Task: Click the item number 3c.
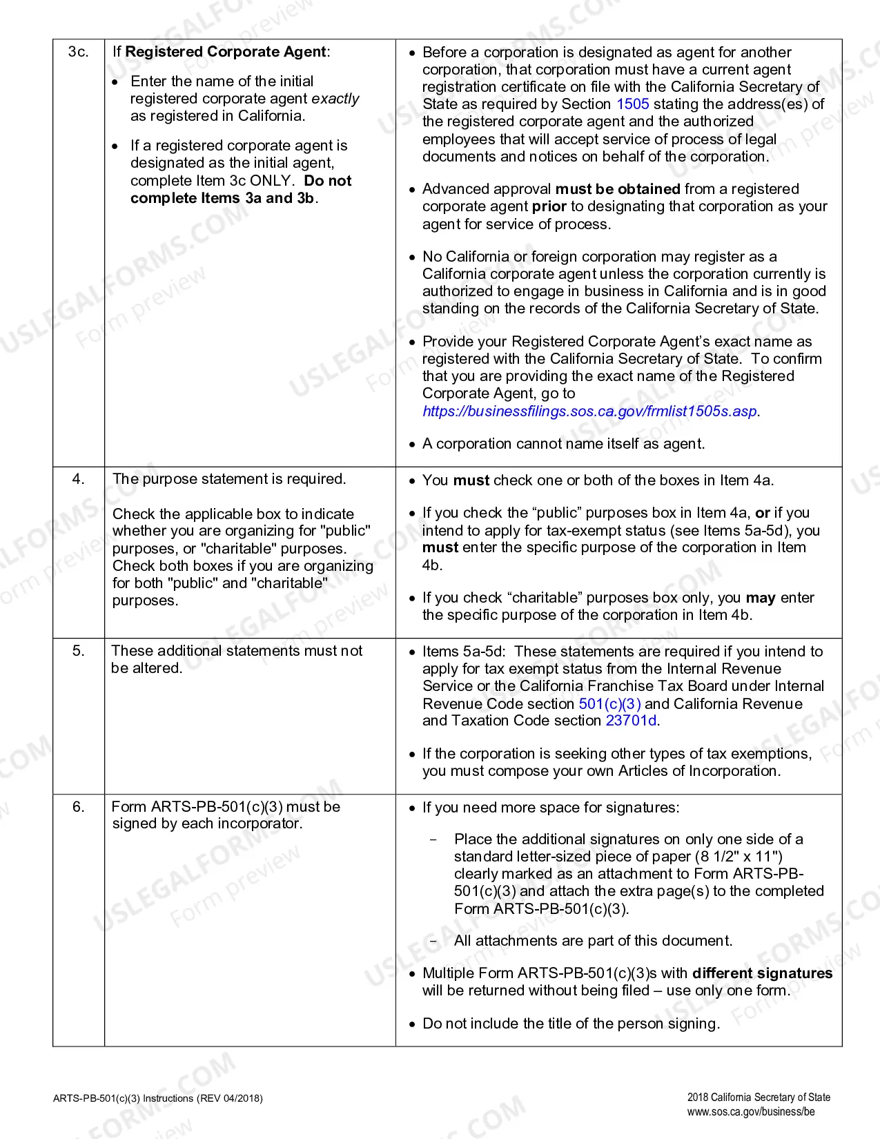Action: [78, 52]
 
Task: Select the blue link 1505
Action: [632, 104]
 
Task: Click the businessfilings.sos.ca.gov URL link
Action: [590, 411]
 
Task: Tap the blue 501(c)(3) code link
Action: [609, 703]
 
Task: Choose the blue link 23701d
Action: [631, 721]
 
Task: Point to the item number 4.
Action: [78, 479]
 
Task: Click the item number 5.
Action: [78, 651]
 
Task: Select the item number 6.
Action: [78, 807]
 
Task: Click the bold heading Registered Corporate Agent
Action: [225, 52]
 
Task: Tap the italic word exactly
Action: [335, 99]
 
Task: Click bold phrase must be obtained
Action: [618, 189]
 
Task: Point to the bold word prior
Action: [549, 206]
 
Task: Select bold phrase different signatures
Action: [762, 973]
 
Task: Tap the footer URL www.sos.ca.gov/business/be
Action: [750, 1112]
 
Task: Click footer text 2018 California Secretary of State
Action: [758, 1098]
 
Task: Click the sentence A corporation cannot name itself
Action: [563, 444]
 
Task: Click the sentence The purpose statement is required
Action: [229, 479]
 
